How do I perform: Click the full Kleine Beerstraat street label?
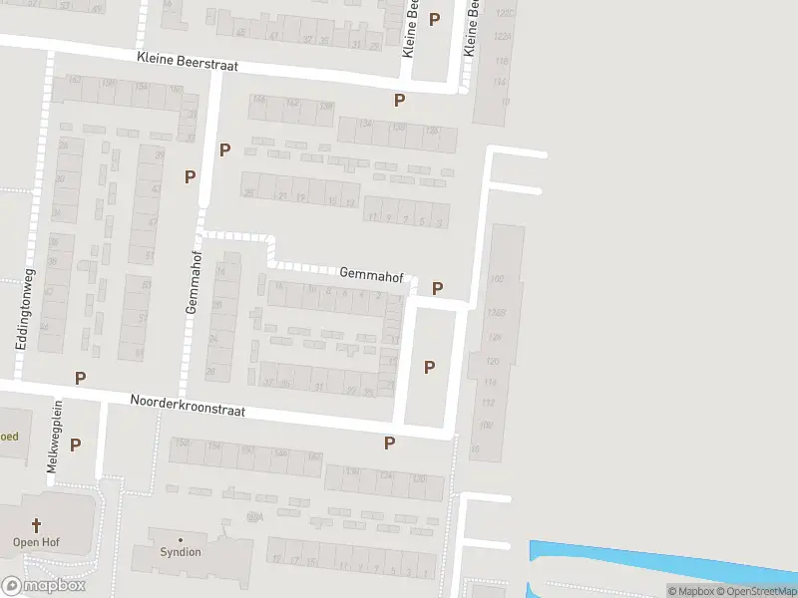[x=191, y=62]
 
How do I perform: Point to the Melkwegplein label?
[x=56, y=437]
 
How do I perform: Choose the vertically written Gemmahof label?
[x=192, y=282]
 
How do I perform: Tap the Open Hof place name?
[x=37, y=542]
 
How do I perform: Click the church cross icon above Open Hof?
[x=37, y=524]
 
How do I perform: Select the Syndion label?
[x=181, y=552]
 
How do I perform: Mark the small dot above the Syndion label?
[x=181, y=537]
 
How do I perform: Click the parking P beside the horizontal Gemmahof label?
[x=437, y=288]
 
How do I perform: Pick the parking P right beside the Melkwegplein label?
[x=75, y=445]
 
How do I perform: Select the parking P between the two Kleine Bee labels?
[x=434, y=19]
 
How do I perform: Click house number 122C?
[x=503, y=14]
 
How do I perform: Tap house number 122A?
[x=503, y=36]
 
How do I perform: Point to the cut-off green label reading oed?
[x=9, y=436]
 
